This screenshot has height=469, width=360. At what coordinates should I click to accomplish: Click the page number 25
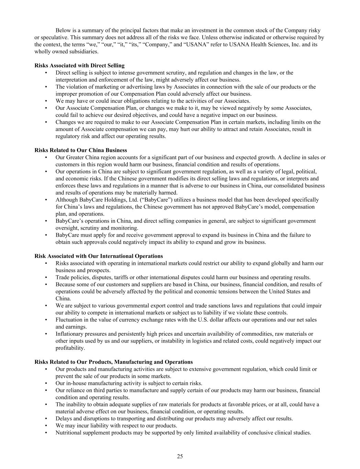(180, 456)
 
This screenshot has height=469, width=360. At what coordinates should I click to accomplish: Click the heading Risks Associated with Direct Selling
(79, 65)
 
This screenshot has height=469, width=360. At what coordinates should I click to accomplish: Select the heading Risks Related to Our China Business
(81, 150)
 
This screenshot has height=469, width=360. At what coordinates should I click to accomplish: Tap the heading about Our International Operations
(99, 256)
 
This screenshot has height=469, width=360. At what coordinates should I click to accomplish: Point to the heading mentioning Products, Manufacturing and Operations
(113, 362)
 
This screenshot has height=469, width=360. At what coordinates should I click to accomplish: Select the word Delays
(63, 418)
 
